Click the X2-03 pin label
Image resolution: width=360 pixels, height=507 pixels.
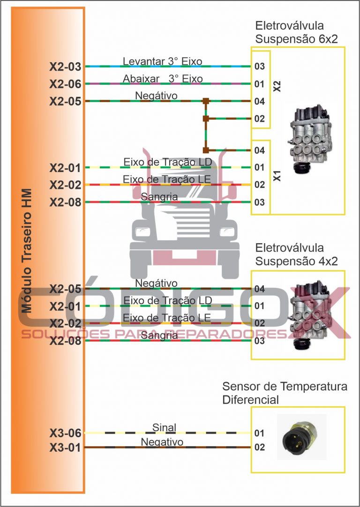tap(65, 67)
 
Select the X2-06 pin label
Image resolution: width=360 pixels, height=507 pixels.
tap(65, 84)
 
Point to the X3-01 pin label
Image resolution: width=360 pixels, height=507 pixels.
tap(65, 448)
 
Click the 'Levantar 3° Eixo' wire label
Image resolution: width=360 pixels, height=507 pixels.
tap(163, 61)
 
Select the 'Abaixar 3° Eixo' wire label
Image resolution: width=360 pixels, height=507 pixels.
tap(163, 79)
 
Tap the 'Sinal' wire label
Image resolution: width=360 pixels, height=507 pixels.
tap(164, 427)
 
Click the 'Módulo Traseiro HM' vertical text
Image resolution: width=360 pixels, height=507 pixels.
tap(27, 251)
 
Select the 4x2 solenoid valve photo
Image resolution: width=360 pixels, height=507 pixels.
tap(309, 315)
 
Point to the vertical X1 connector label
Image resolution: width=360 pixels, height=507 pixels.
tap(277, 176)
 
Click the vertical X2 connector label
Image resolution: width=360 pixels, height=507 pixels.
tap(277, 87)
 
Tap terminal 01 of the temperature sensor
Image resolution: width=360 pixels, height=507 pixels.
tap(260, 433)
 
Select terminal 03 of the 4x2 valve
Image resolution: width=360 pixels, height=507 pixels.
tap(260, 341)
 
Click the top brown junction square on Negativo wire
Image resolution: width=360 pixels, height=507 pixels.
tap(205, 101)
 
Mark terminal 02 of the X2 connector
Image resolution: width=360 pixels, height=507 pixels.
tap(260, 119)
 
